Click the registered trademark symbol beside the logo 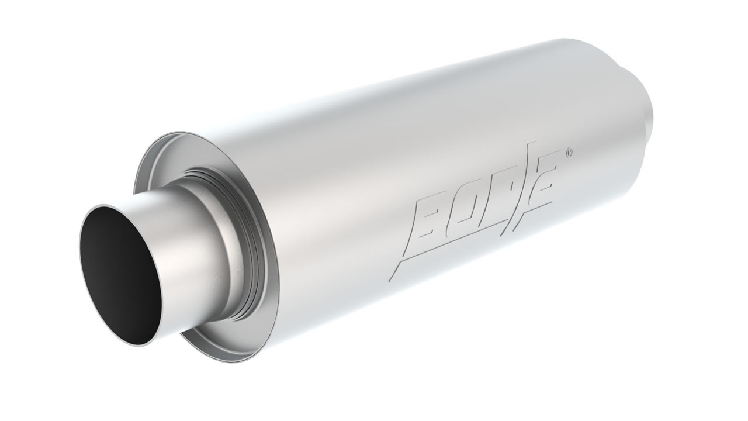point(569,153)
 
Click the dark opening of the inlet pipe point(120,275)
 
